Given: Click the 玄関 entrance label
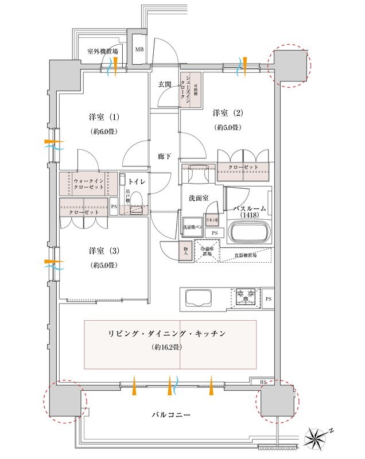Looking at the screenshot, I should pyautogui.click(x=165, y=84).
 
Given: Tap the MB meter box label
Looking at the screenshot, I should pyautogui.click(x=139, y=49).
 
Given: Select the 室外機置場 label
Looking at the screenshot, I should pyautogui.click(x=103, y=52).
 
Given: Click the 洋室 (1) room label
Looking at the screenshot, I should pyautogui.click(x=104, y=118).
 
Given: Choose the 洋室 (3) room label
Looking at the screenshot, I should pyautogui.click(x=104, y=251).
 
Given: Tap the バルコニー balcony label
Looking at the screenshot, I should pyautogui.click(x=172, y=414).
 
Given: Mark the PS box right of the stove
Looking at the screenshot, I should pyautogui.click(x=269, y=298).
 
